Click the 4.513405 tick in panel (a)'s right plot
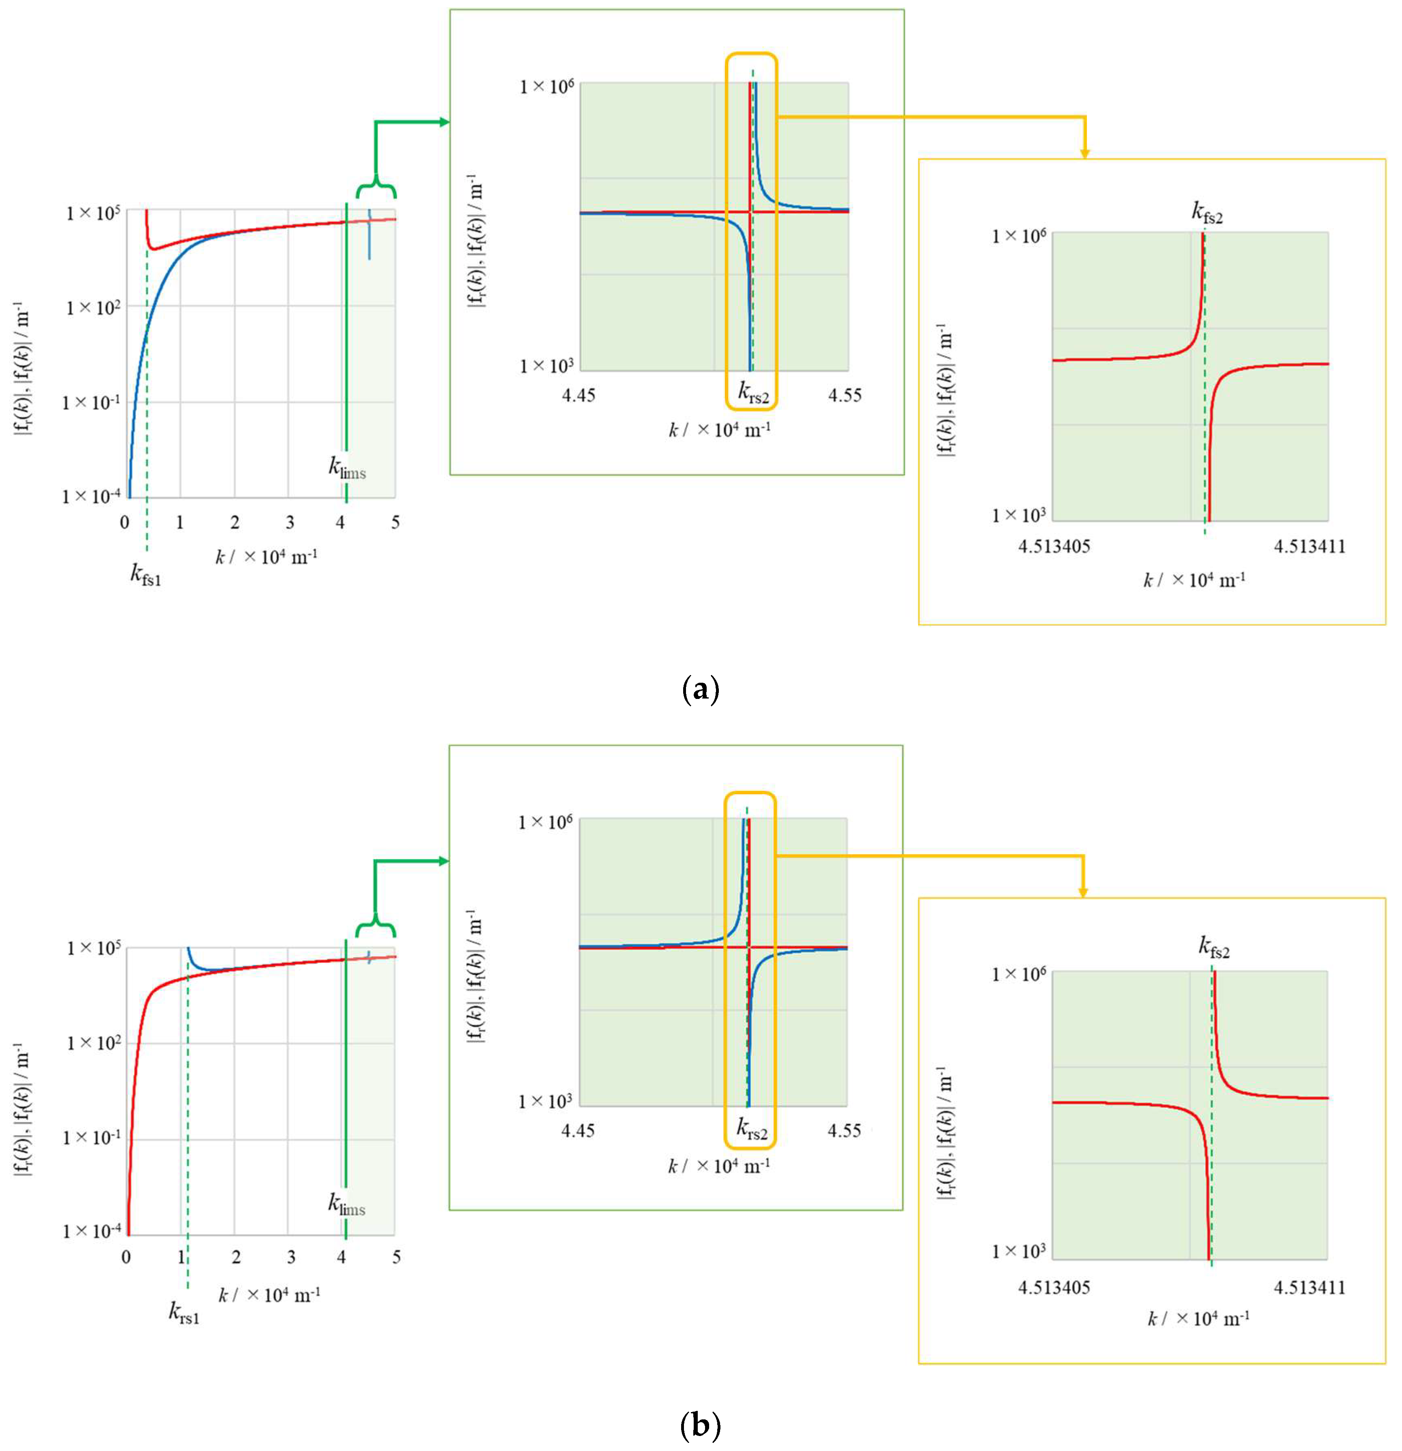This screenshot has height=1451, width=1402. point(1054,547)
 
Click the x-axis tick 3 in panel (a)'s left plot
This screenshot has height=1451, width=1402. point(290,523)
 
